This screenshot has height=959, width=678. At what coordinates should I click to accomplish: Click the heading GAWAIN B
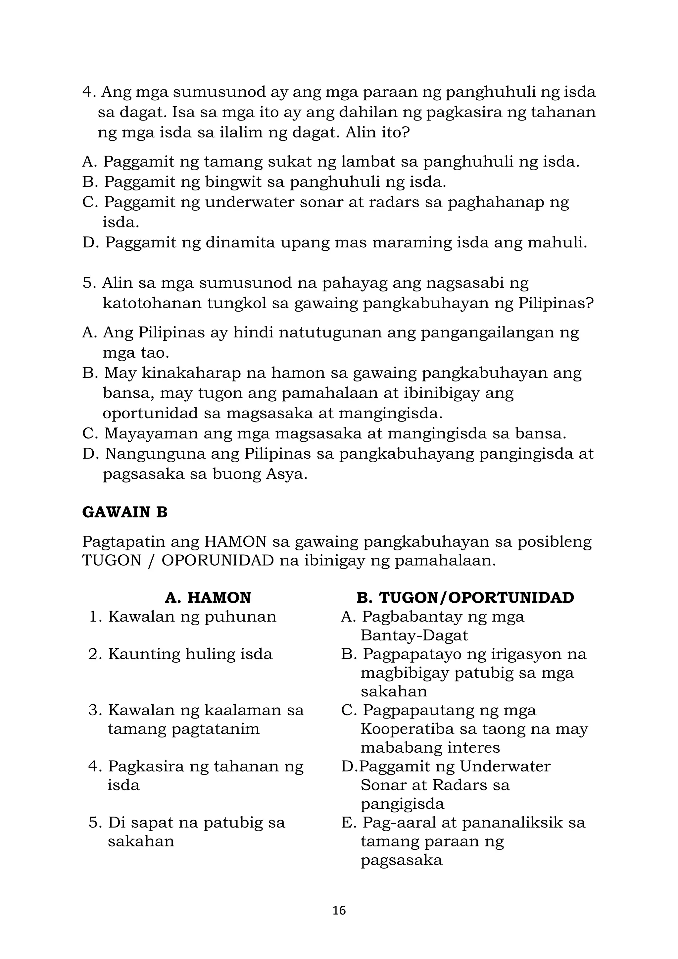[x=124, y=512]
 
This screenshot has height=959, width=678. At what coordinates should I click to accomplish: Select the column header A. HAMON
[x=208, y=598]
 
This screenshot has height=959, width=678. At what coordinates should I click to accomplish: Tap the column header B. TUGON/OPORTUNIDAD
[x=465, y=598]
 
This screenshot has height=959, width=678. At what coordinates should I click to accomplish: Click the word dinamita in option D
[x=240, y=242]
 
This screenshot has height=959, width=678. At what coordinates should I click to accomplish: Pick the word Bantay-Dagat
[x=414, y=635]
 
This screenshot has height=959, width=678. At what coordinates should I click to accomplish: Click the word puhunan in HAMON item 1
[x=240, y=617]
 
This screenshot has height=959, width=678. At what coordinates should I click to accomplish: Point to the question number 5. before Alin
[x=89, y=283]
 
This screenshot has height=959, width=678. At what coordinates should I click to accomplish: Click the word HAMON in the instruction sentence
[x=235, y=542]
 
